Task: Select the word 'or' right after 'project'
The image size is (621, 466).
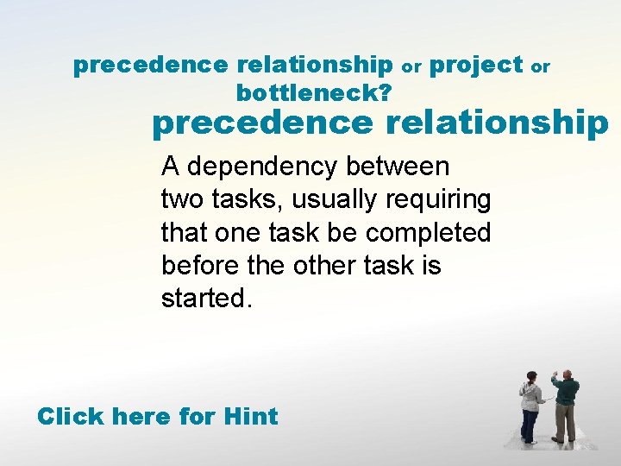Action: pos(541,66)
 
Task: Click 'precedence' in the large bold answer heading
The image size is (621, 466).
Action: pos(262,123)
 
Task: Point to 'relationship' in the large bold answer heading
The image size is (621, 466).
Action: pos(497,123)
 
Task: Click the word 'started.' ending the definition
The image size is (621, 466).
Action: pos(207,298)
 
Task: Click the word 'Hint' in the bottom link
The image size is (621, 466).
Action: pos(250,417)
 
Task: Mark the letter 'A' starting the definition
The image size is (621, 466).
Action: pos(171,166)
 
